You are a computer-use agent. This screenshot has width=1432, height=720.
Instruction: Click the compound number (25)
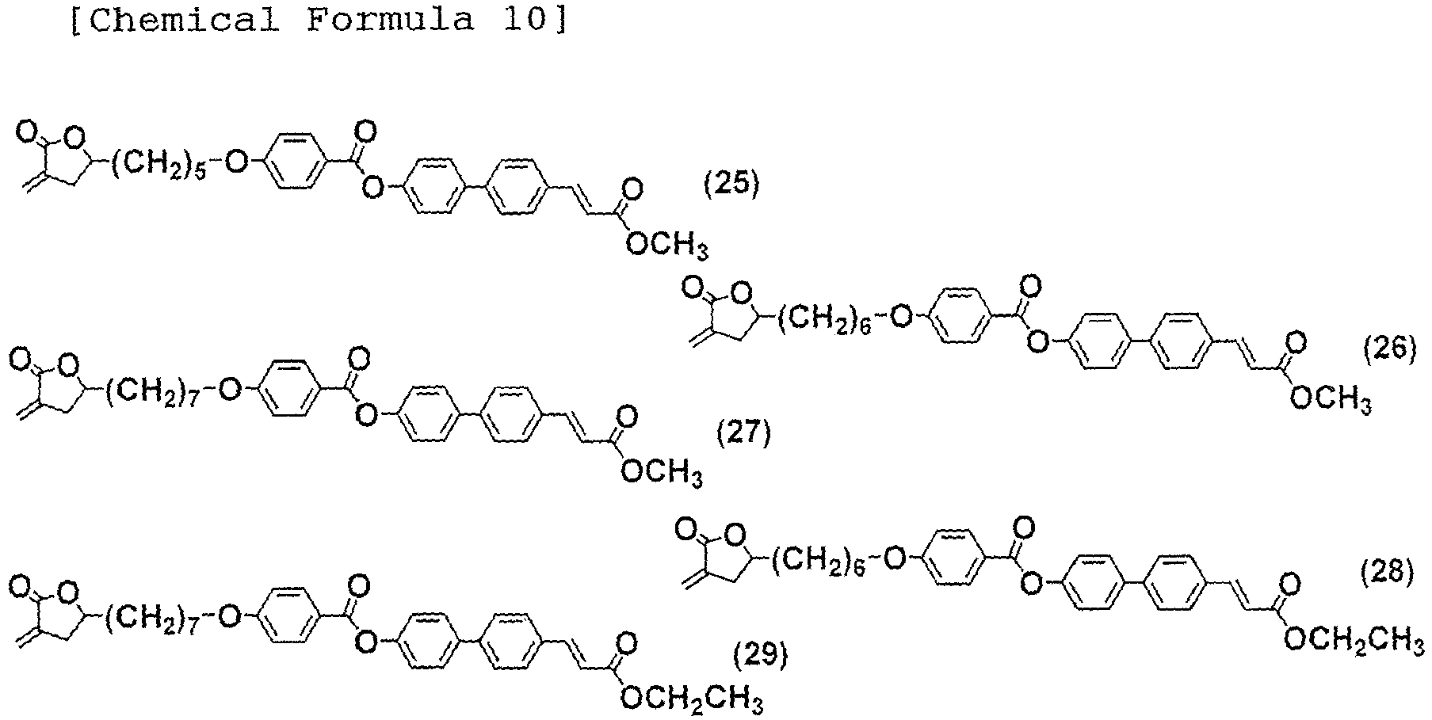pos(731,185)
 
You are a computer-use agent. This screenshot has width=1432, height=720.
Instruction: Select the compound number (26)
pos(1390,349)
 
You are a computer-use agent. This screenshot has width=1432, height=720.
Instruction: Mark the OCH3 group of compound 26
pos(1331,398)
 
